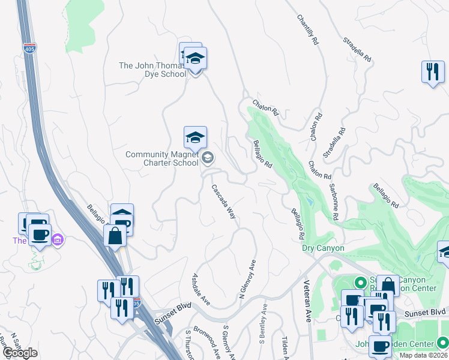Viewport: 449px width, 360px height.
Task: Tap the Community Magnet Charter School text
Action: coord(161,158)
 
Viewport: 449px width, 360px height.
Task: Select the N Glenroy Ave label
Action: coord(247,280)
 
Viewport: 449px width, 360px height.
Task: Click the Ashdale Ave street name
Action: coord(199,289)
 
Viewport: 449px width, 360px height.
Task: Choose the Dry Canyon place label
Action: coord(323,248)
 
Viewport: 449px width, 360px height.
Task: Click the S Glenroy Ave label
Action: coord(229,343)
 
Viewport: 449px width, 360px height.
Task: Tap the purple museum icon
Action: coord(58,240)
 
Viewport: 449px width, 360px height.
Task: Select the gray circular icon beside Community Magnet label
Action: coord(208,158)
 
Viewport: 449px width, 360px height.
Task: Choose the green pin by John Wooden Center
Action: coord(442,343)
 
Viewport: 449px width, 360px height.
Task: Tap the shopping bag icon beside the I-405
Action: coord(115,235)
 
